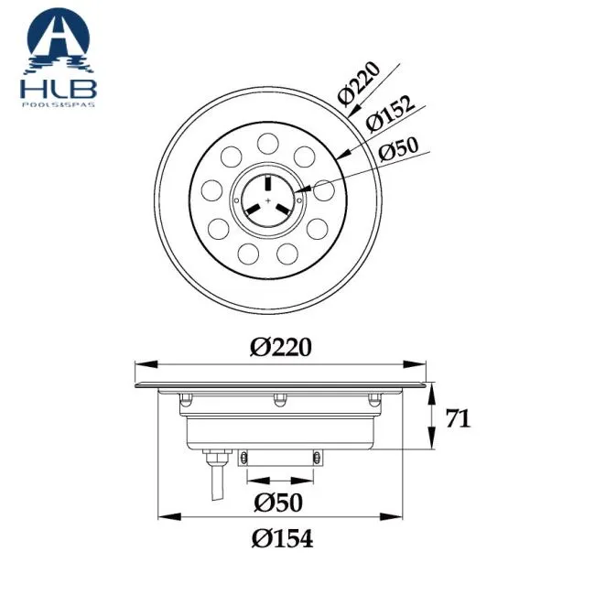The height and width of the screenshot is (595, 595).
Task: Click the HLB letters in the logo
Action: (57, 89)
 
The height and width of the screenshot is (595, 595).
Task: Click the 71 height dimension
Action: (458, 418)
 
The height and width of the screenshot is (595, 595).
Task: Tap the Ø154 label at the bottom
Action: (281, 539)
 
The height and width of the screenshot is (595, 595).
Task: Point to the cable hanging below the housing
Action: (216, 481)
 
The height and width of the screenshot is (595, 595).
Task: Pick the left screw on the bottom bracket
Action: (245, 457)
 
